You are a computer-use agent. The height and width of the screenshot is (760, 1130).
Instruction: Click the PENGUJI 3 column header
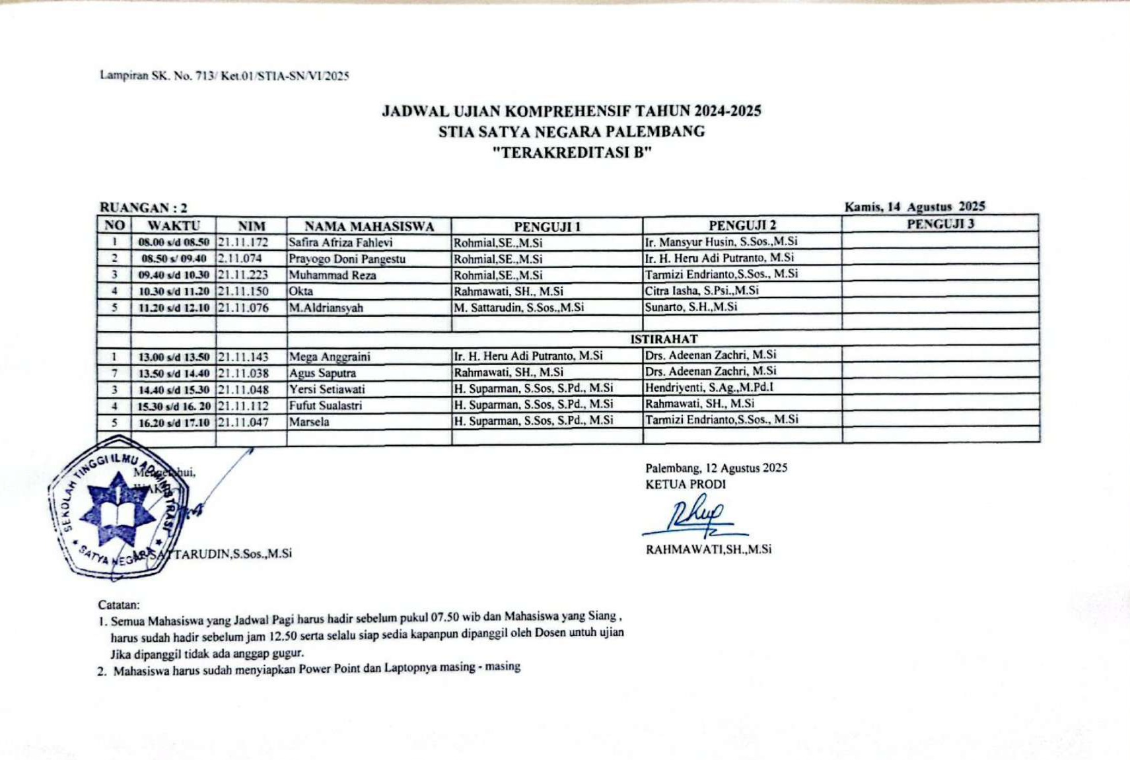940,224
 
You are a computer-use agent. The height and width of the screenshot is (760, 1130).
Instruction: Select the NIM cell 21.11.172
243,242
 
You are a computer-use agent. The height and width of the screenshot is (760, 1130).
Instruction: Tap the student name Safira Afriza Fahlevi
340,242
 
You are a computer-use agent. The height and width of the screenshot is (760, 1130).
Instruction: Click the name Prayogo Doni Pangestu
347,259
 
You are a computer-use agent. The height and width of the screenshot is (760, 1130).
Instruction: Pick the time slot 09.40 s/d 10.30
174,275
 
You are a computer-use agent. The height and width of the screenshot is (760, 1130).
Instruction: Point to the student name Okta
301,291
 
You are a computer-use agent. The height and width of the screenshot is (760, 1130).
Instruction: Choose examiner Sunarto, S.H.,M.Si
691,307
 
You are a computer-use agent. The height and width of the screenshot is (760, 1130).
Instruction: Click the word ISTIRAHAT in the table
663,339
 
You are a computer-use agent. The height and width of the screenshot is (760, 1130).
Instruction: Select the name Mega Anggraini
330,357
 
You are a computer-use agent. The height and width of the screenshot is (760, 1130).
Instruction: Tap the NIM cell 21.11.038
243,373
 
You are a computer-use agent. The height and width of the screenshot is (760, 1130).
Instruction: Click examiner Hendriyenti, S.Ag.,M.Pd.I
709,388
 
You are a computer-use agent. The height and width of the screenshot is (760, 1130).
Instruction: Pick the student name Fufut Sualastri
326,405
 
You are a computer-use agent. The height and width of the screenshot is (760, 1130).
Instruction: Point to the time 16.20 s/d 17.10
174,423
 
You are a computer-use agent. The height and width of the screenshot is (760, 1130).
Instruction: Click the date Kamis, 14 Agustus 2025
915,207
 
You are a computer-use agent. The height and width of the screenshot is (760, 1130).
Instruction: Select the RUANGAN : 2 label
143,207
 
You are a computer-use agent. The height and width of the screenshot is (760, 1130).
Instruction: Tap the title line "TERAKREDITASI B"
572,153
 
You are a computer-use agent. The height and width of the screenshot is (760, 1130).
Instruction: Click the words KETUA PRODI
686,484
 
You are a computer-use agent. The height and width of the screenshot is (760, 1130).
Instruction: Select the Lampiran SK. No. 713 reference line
225,75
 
